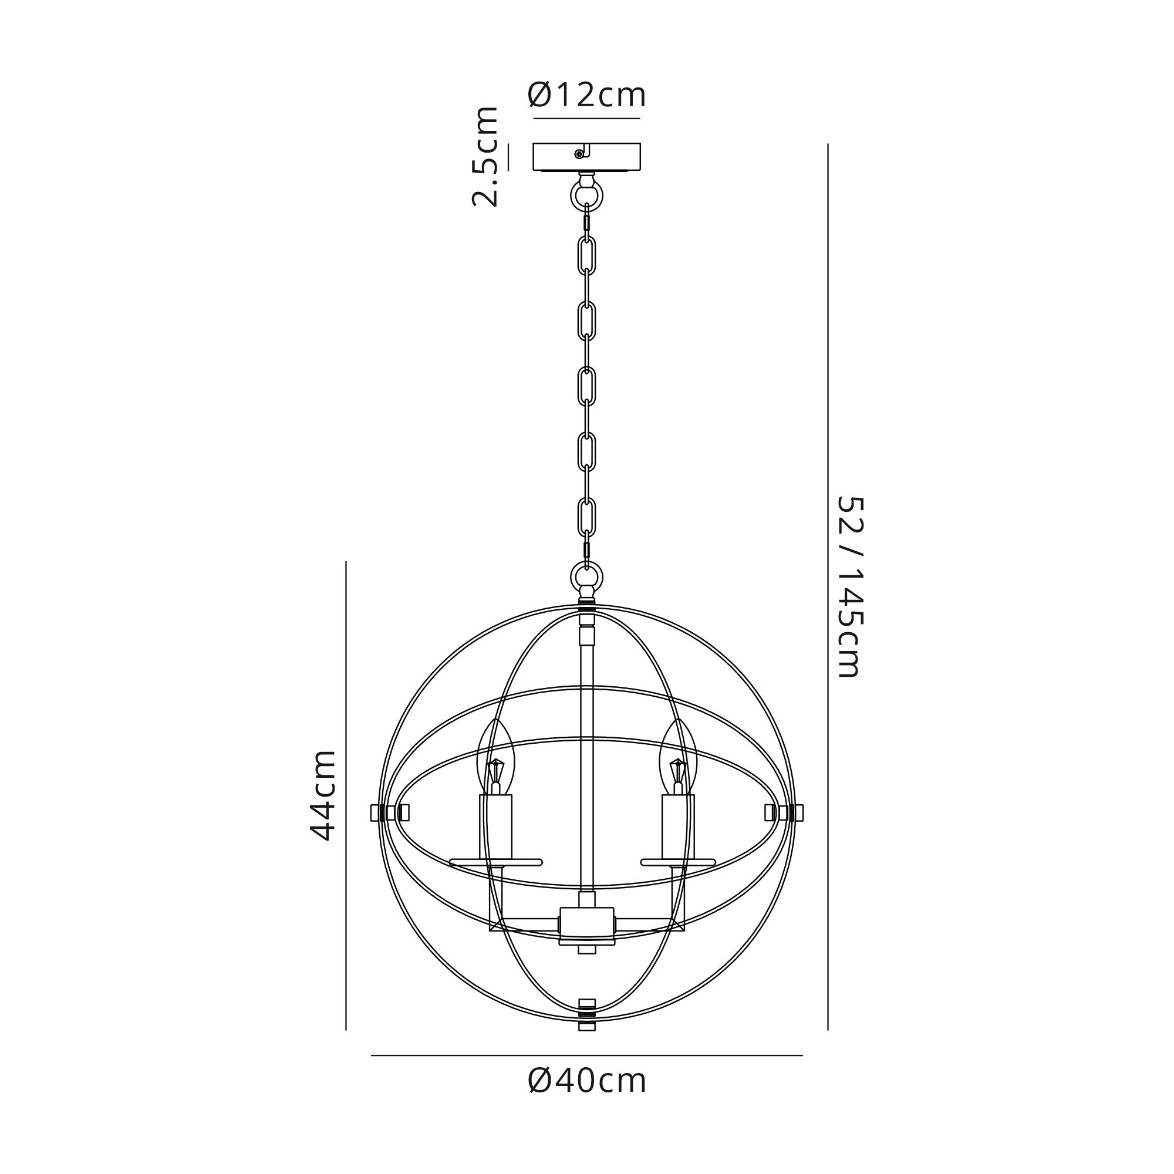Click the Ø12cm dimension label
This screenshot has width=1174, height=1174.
(x=586, y=96)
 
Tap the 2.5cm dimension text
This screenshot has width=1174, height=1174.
(x=485, y=157)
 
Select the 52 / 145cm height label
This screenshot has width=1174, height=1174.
(x=849, y=586)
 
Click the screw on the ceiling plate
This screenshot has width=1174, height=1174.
(x=579, y=154)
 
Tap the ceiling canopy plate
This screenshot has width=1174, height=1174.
(x=586, y=157)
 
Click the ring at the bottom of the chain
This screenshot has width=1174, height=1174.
(x=586, y=576)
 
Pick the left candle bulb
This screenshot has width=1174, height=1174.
(x=496, y=757)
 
